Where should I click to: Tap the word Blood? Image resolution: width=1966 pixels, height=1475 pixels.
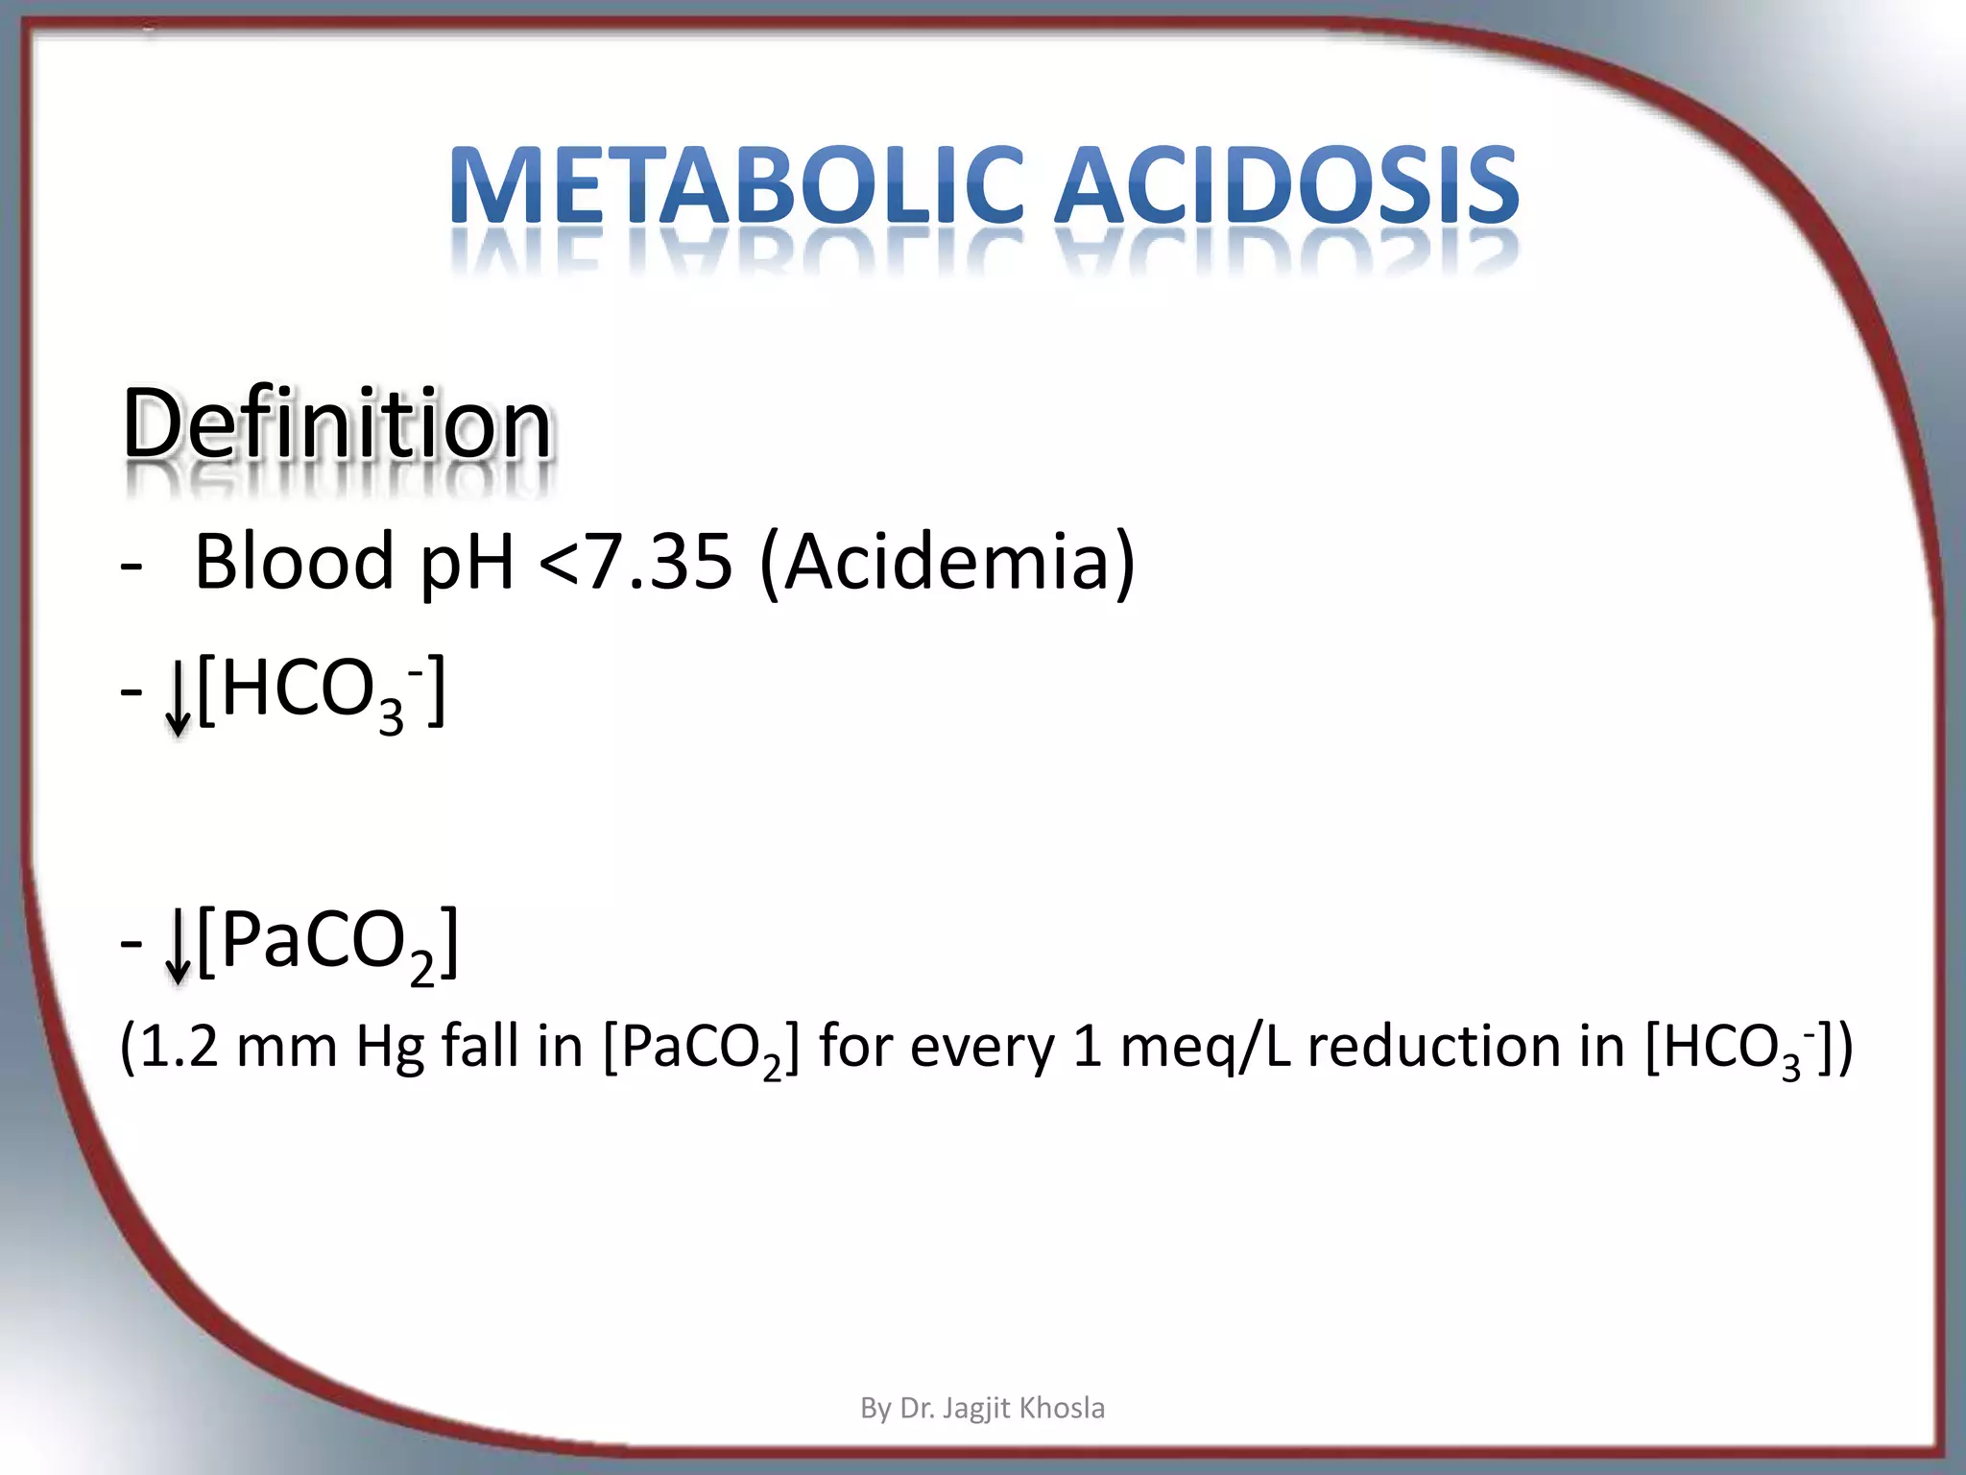coord(294,561)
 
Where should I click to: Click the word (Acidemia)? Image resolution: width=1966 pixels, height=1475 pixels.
coord(947,561)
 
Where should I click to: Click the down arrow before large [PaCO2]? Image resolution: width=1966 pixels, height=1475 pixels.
coord(178,947)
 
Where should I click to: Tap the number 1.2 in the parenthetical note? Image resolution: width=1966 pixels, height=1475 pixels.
coord(179,1047)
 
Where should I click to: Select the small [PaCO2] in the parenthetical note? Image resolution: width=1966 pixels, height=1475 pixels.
coord(701,1049)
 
